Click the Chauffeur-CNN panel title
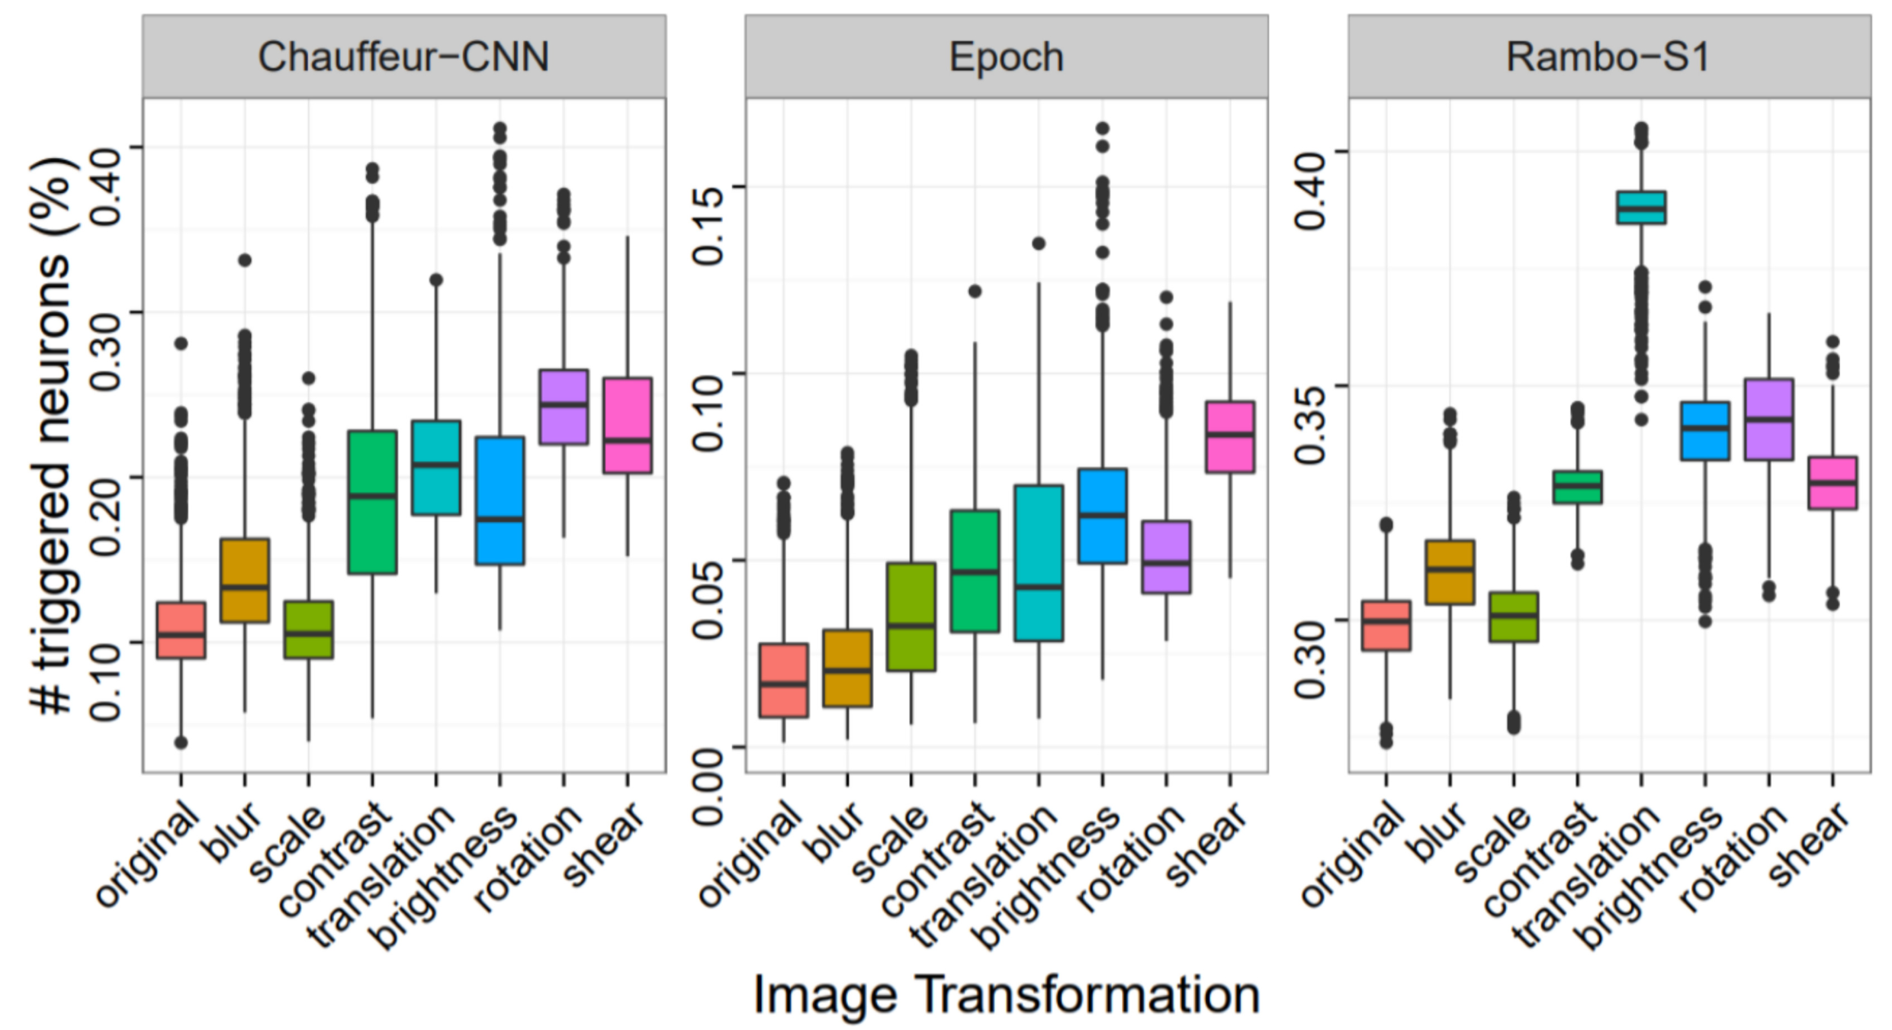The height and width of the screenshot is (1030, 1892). pos(403,57)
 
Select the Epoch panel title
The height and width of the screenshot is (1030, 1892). pos(1006,57)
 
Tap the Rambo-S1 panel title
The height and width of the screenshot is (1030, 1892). pos(1608,57)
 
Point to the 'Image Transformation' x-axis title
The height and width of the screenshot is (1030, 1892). pos(1007,995)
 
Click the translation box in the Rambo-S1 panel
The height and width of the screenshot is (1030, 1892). pos(1641,208)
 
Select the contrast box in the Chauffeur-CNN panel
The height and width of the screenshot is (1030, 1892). pos(372,502)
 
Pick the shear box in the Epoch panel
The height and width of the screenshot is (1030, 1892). pos(1229,436)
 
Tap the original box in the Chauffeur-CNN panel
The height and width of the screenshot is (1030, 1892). pos(181,630)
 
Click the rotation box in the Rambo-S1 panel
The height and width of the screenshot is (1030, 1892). pos(1769,419)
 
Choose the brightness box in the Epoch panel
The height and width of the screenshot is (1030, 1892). pos(1102,516)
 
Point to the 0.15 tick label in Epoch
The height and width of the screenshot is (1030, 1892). pos(708,225)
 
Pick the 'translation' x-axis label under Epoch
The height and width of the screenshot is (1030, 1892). pos(984,877)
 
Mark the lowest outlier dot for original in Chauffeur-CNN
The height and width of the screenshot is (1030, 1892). pos(181,742)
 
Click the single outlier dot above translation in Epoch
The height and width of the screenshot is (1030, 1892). pos(1039,243)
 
